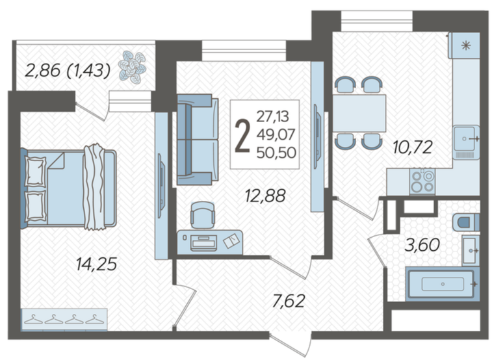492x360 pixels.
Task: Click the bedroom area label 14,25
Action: tap(97, 264)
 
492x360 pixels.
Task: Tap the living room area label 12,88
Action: tap(265, 196)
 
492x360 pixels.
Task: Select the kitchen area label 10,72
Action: tap(413, 147)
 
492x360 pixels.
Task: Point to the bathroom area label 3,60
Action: tap(422, 245)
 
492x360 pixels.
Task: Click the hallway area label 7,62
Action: tap(289, 301)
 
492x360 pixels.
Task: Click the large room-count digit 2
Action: tap(242, 136)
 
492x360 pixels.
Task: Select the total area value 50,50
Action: tap(276, 153)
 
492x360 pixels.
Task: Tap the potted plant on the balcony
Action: tap(132, 68)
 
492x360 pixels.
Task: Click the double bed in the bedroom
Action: tap(68, 188)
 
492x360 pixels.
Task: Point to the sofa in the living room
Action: tap(198, 140)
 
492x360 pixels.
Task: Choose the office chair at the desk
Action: tap(203, 215)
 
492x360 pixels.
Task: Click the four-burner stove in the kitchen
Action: tap(422, 181)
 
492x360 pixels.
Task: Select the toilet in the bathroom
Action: tap(466, 222)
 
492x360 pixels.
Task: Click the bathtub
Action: tap(443, 284)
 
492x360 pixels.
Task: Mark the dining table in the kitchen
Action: tap(359, 113)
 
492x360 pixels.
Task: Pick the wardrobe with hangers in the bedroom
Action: tap(64, 319)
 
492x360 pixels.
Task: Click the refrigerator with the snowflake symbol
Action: tap(465, 45)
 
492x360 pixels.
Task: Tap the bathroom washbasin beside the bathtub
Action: tap(471, 251)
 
